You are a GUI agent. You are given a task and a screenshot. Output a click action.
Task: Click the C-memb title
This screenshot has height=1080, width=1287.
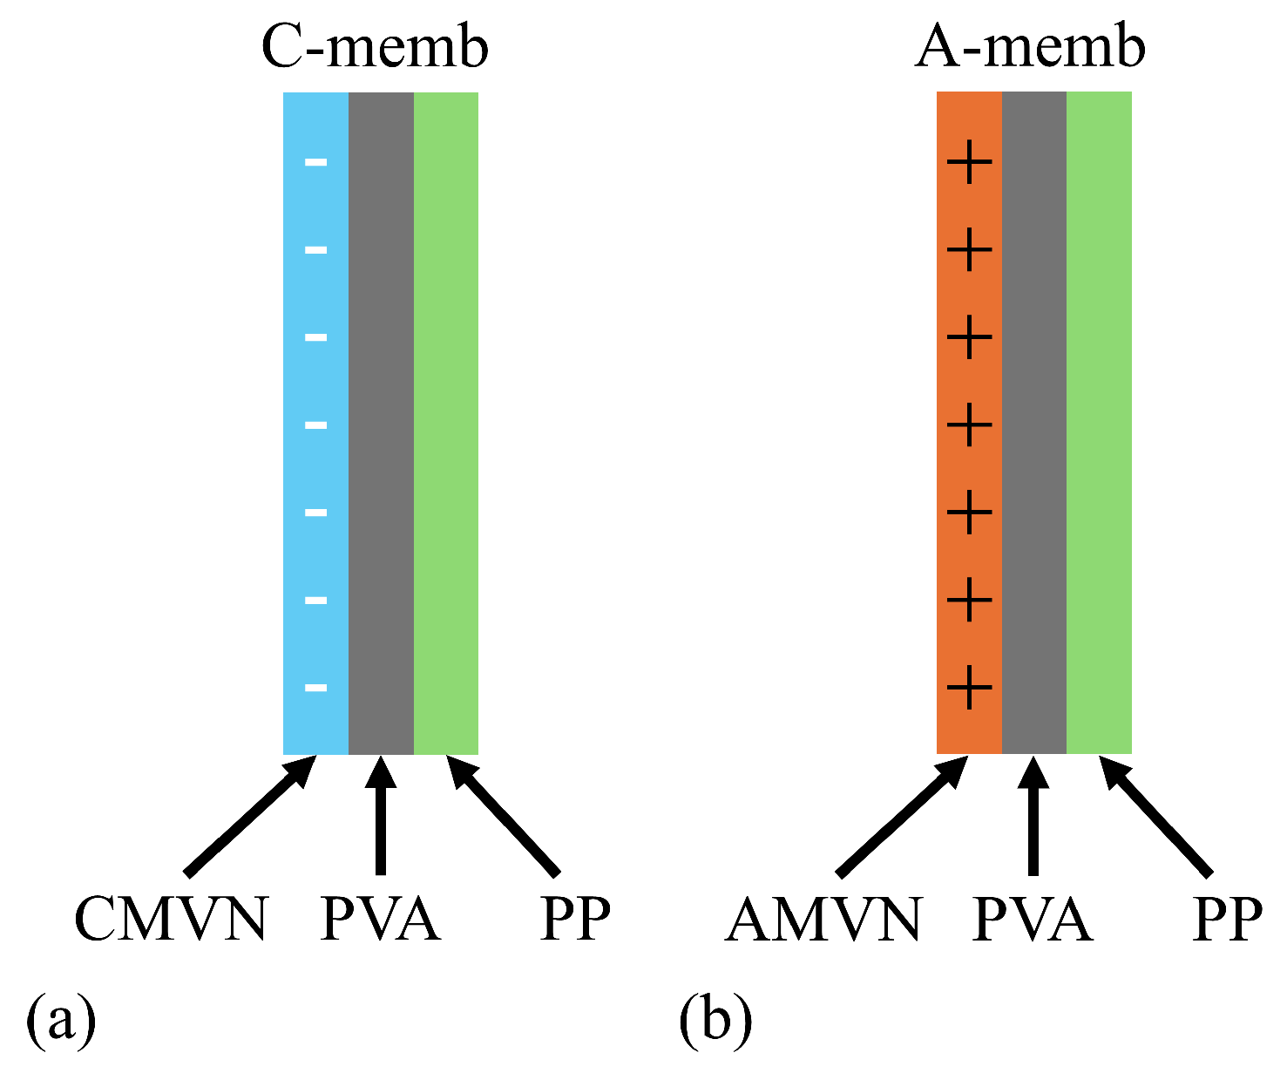pos(375,48)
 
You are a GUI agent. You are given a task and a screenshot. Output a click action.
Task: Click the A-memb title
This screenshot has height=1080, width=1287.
pos(1029,48)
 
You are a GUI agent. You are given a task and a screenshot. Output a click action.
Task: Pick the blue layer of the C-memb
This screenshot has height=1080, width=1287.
pos(315,384)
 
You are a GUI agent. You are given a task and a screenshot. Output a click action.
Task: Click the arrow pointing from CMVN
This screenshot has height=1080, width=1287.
pos(248,816)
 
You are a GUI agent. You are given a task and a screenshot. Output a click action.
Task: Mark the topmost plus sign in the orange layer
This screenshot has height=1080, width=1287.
pos(969,162)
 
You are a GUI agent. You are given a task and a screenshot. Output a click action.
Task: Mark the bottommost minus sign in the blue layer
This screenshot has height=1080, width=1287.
pos(315,688)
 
